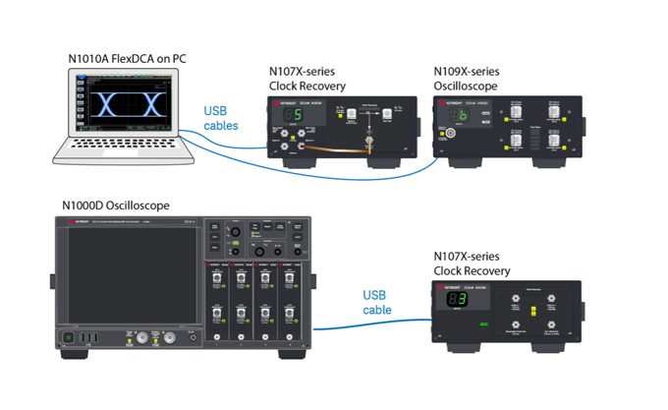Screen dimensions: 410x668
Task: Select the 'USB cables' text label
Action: pyautogui.click(x=221, y=118)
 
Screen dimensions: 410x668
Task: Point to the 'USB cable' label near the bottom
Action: pyautogui.click(x=377, y=302)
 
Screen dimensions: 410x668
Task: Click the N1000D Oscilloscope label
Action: pyautogui.click(x=116, y=205)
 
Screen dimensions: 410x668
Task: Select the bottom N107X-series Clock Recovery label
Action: pyautogui.click(x=472, y=264)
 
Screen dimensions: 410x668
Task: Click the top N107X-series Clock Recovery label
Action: pyautogui.click(x=307, y=79)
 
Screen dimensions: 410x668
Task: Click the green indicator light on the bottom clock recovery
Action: pyautogui.click(x=483, y=322)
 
